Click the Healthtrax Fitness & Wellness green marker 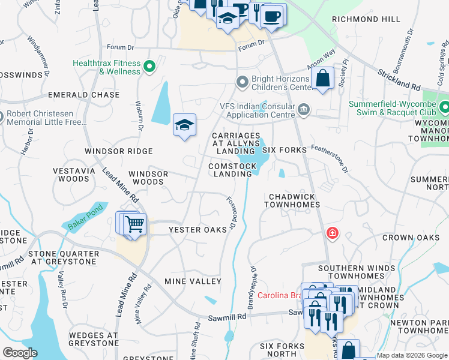click(150, 67)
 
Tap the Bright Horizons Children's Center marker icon click(243, 81)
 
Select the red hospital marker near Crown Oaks click(331, 233)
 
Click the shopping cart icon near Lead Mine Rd click(135, 225)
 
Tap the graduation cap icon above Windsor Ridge click(184, 125)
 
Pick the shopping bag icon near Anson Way click(322, 79)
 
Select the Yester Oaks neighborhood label click(197, 230)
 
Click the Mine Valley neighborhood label click(193, 281)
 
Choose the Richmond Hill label click(366, 19)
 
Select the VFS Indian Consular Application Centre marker click(304, 109)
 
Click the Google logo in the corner click(19, 353)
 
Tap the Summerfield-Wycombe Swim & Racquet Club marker click(444, 108)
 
